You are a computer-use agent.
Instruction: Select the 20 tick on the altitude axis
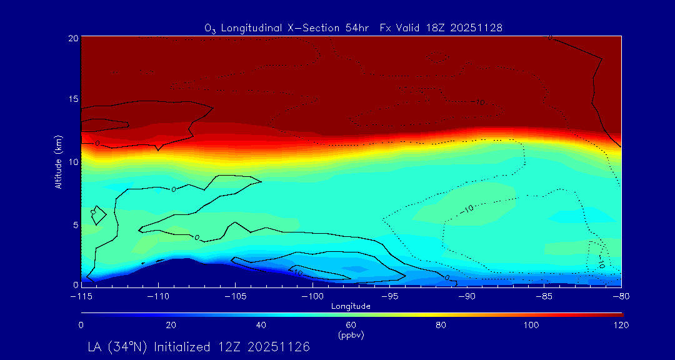73,37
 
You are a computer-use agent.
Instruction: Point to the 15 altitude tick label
73,99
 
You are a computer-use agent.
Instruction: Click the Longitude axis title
351,306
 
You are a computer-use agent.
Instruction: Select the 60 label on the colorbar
351,325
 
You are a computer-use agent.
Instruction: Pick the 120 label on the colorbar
621,325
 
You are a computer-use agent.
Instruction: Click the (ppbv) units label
351,335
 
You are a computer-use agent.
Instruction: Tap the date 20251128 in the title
476,28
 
